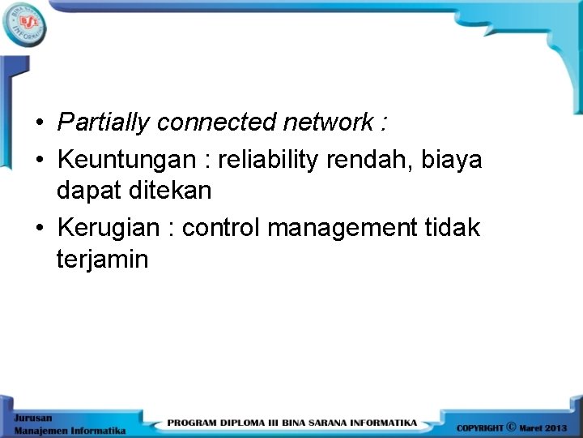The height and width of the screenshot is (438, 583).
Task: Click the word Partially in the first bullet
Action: coord(104,122)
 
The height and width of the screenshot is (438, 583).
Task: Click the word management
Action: coord(338,229)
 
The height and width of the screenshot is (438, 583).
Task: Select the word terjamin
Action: coord(103,260)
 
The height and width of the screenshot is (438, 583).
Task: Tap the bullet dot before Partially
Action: coord(39,123)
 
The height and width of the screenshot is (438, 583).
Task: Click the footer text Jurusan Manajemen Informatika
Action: coord(68,423)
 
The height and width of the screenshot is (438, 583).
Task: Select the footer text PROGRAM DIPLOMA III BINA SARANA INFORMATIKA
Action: coord(292,423)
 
